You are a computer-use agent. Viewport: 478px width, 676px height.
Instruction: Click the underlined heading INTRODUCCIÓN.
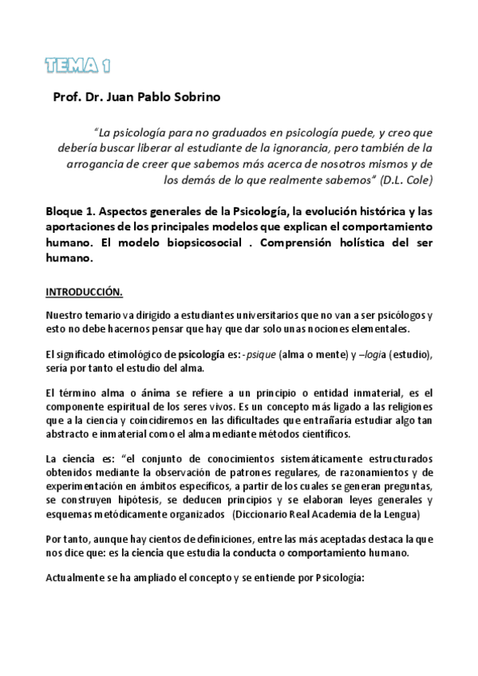pos(84,292)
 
